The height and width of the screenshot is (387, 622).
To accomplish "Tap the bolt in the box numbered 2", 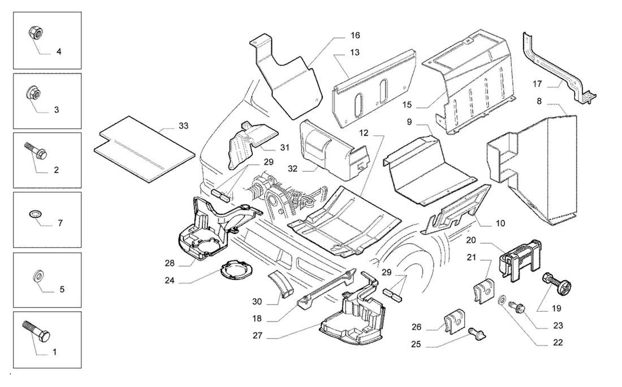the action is [37, 150].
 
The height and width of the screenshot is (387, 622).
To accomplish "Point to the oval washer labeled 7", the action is [34, 214].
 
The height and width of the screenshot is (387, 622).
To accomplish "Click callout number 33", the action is [183, 126].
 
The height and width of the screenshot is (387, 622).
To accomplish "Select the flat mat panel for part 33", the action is [144, 149].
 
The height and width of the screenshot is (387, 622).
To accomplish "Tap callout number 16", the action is [355, 35].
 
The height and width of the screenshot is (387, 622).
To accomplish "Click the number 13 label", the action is [355, 53].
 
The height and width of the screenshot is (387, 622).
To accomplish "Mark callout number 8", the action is [539, 101].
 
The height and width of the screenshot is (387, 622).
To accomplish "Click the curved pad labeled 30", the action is [280, 283].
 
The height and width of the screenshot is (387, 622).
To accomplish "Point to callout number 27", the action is [257, 336].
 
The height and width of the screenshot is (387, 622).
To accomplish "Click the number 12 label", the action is [364, 133].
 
